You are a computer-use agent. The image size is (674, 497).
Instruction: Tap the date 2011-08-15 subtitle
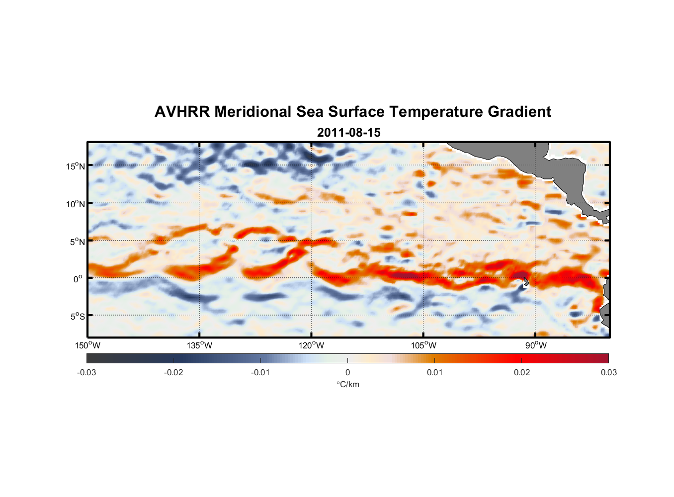[348, 133]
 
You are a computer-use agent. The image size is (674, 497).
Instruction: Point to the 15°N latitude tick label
[76, 166]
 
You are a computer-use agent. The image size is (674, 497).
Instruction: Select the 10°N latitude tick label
[76, 204]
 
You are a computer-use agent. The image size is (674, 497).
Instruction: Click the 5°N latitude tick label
[77, 242]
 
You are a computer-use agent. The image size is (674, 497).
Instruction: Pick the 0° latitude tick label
[78, 279]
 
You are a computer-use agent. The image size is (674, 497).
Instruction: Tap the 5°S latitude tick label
[77, 317]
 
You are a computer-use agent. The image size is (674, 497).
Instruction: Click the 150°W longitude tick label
[87, 345]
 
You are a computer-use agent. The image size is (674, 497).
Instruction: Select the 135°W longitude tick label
[199, 345]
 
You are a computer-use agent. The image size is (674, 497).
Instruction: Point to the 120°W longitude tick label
[311, 345]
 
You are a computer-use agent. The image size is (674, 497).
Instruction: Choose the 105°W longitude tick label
[423, 345]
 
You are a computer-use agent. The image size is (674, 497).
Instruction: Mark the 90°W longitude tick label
[536, 345]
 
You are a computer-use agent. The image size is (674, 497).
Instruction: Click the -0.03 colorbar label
[86, 372]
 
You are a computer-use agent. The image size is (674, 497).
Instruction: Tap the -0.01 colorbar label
[260, 372]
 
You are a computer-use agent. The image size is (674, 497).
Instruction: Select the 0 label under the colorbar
[347, 372]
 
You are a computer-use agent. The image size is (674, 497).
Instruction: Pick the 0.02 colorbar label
[522, 372]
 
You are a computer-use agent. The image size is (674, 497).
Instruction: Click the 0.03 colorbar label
[608, 372]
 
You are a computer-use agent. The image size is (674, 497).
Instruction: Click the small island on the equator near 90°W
[526, 282]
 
